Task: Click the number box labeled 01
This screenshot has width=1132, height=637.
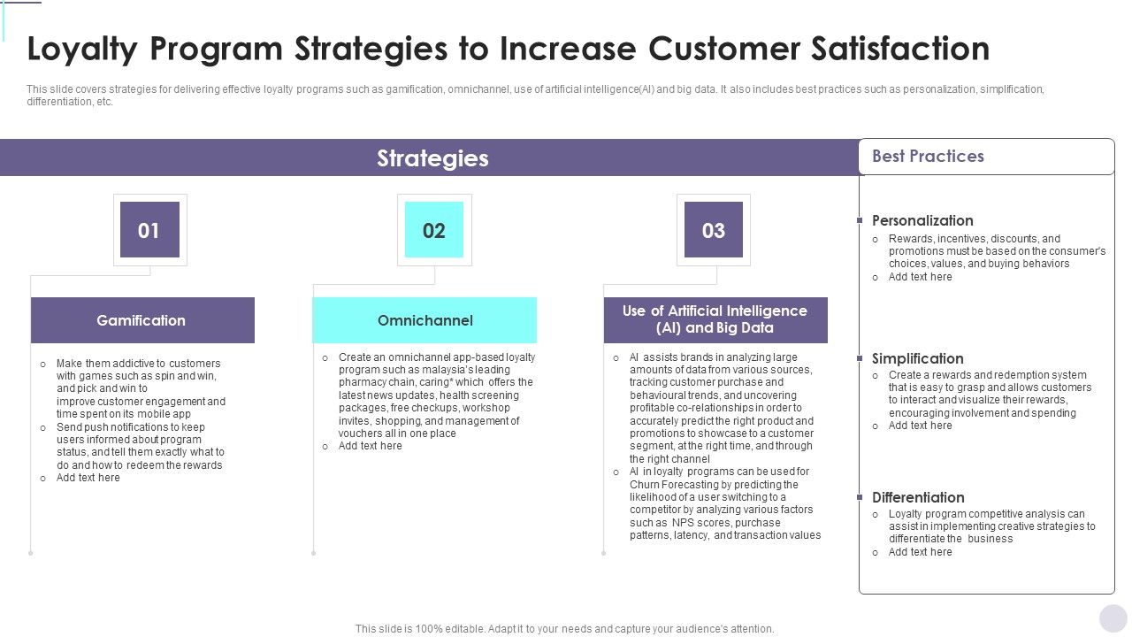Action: pos(149,230)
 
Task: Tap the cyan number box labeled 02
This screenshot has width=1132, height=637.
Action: pos(433,230)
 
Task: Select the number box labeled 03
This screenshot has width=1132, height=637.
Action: pos(713,230)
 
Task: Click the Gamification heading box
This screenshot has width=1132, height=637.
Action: pos(142,320)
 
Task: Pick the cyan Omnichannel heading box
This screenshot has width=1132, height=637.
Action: pos(424,320)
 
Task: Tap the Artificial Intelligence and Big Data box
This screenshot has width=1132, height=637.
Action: pos(715,319)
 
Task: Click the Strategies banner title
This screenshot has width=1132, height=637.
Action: pos(432,158)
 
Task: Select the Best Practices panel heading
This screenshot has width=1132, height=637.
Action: pos(928,157)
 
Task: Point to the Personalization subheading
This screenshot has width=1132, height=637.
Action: pos(922,220)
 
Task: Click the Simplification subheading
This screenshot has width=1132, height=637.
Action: pos(917,358)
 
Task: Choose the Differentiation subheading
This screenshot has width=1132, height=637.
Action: pos(918,497)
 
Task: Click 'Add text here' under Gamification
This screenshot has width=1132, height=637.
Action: pos(88,478)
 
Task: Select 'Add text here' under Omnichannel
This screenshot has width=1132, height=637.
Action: pos(370,446)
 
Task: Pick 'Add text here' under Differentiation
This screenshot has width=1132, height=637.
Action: pos(920,552)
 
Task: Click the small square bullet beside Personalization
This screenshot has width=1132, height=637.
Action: pos(860,220)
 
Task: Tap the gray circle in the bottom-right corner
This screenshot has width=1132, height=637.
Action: pos(1113,618)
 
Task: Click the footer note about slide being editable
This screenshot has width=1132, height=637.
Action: pos(564,629)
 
